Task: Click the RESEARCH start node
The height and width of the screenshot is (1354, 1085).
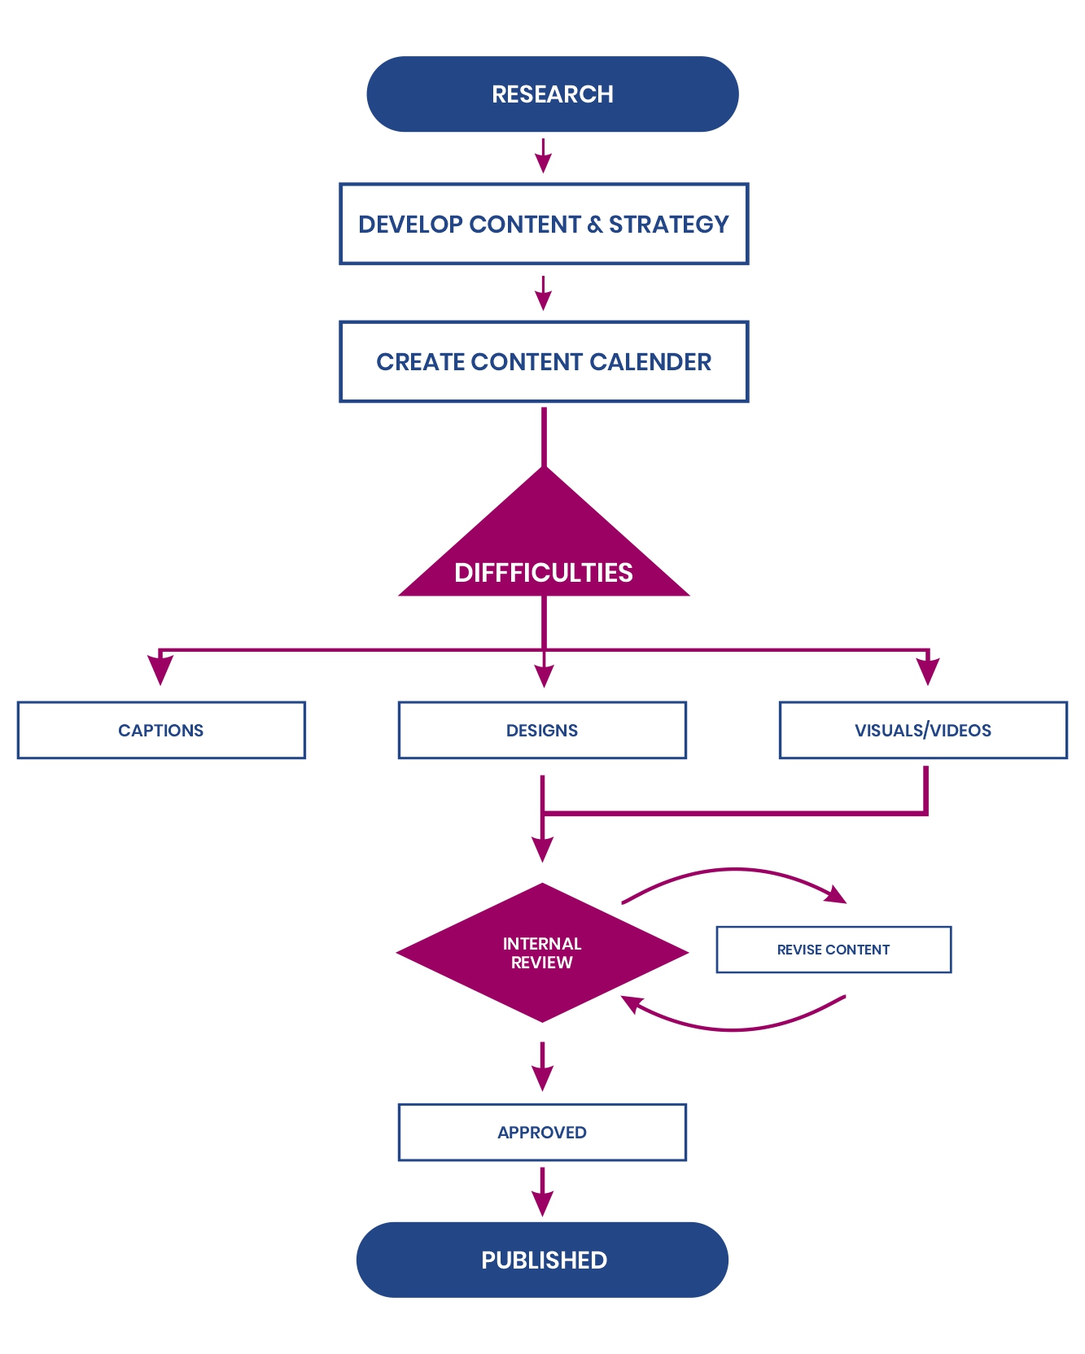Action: click(x=552, y=94)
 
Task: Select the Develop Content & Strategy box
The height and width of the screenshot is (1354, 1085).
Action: click(x=544, y=224)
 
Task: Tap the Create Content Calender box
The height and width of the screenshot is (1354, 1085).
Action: click(x=544, y=361)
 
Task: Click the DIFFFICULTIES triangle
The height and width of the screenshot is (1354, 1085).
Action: click(x=544, y=553)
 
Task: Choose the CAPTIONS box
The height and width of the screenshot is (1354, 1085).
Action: click(x=161, y=730)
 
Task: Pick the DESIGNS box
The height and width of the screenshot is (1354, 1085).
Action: click(x=542, y=730)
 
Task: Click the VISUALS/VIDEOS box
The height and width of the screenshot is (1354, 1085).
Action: click(x=923, y=730)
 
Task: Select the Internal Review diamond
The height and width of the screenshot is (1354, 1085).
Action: click(x=542, y=953)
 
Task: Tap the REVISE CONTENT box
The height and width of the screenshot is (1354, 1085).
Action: click(x=833, y=950)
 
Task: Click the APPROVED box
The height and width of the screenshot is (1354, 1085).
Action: click(x=542, y=1132)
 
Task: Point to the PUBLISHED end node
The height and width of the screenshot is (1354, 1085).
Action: click(x=543, y=1260)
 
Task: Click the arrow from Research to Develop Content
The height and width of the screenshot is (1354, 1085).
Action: click(x=544, y=156)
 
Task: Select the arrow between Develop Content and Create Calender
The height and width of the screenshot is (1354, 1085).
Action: click(x=544, y=294)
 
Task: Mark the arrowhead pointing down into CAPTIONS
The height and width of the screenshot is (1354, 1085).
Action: click(x=160, y=670)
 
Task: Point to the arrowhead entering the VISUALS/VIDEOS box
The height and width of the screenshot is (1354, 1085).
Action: click(x=928, y=670)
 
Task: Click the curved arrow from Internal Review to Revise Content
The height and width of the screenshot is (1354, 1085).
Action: click(x=735, y=871)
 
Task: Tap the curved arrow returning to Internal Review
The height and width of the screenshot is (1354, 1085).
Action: click(x=735, y=1028)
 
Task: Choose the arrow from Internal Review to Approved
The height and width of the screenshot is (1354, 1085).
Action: click(x=542, y=1067)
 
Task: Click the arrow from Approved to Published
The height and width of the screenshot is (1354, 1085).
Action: click(x=542, y=1193)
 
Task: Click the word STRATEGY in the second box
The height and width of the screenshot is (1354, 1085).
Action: click(x=669, y=224)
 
